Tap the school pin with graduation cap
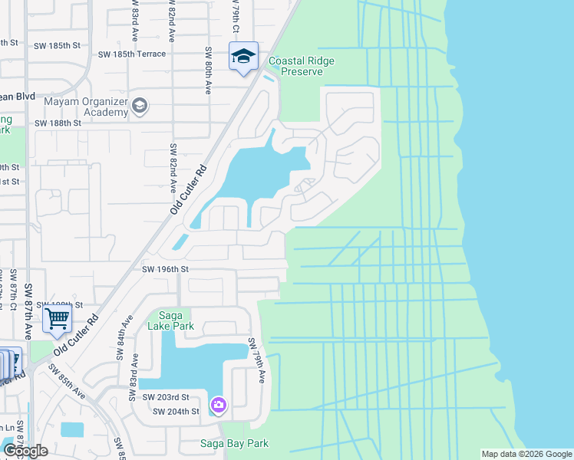tap(243, 57)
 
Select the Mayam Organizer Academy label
tap(74, 106)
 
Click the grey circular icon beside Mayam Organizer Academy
tap(140, 105)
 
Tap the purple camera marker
tap(219, 404)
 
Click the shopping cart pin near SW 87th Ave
tap(58, 317)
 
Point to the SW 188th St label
tap(58, 123)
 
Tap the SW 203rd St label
tap(166, 397)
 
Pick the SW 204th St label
tap(176, 412)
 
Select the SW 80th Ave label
tap(207, 70)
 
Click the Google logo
tap(25, 451)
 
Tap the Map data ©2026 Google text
tap(526, 454)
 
